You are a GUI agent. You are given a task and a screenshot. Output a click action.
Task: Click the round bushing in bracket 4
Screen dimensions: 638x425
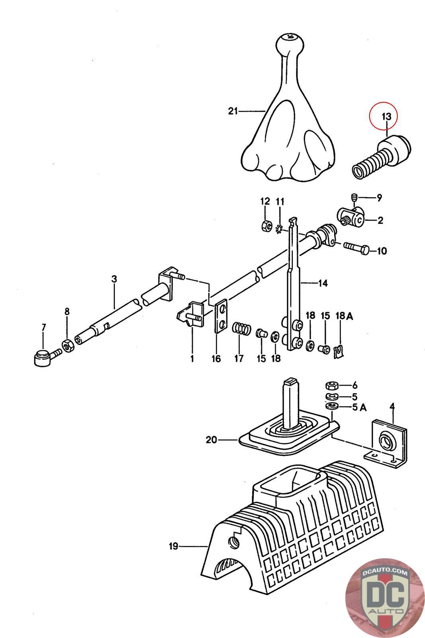click(386, 440)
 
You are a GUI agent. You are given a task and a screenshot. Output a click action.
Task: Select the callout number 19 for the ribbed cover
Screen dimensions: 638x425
click(173, 546)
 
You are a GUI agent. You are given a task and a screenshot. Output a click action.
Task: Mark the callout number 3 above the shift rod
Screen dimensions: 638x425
click(114, 279)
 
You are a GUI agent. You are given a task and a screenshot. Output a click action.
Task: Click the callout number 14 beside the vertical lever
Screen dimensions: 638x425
click(323, 283)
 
